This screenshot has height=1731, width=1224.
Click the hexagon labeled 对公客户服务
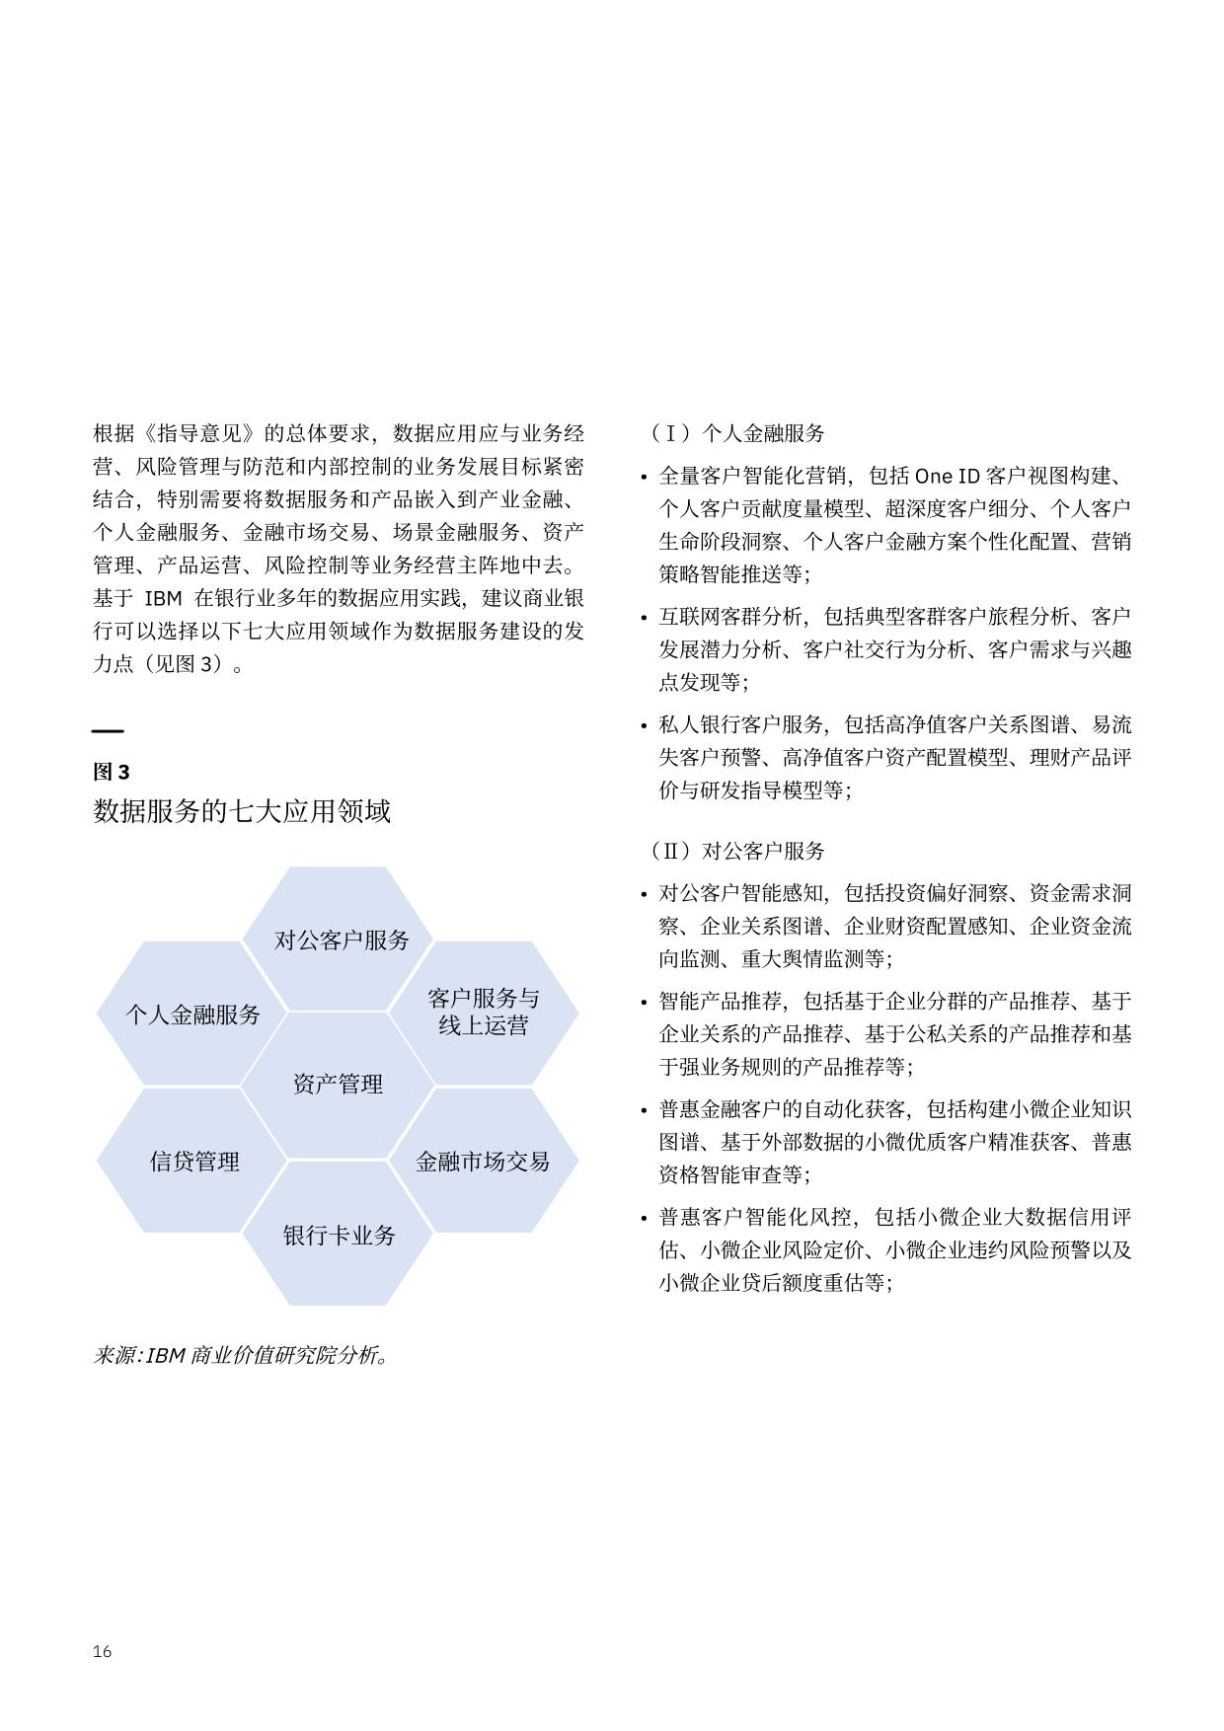pos(341,940)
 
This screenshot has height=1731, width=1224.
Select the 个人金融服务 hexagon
pos(192,1014)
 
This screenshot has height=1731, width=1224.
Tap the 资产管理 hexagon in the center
pos(338,1084)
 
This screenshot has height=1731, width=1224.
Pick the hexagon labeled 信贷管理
pos(193,1161)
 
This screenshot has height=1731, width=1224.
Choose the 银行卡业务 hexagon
pos(339,1235)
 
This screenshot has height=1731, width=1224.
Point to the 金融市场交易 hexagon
pos(483,1161)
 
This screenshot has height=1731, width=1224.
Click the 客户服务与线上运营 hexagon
pos(483,1012)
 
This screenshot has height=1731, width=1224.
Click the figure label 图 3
pos(111,772)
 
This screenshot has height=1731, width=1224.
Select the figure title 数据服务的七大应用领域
pos(242,811)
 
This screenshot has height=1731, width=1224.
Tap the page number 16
pos(102,1651)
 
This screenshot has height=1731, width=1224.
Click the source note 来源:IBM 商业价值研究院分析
pos(241,1355)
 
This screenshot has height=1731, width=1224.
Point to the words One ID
pos(948,476)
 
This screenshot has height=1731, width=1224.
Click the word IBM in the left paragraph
pos(163,598)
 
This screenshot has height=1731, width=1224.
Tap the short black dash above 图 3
pos(108,731)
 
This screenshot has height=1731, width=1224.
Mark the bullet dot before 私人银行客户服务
pos(644,727)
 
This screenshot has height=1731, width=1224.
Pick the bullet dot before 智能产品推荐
pos(644,1004)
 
